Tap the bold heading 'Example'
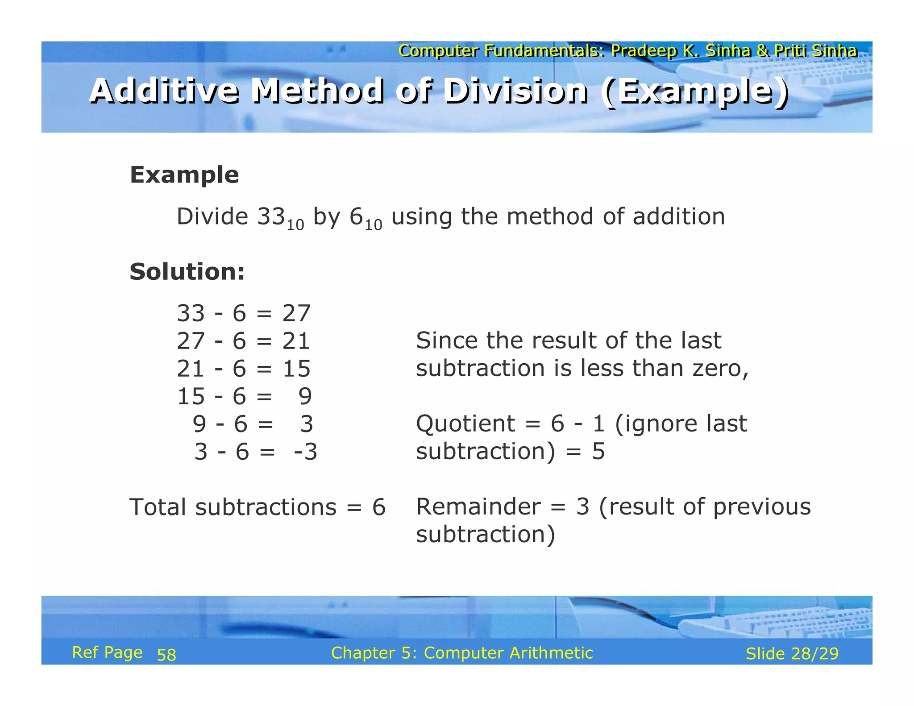click(x=184, y=174)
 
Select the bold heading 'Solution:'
click(x=187, y=271)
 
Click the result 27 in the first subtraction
click(x=296, y=313)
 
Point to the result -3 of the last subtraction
click(x=306, y=452)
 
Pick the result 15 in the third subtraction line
click(x=296, y=369)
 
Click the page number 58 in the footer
click(x=166, y=655)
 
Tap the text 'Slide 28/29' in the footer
click(x=792, y=654)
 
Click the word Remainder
click(x=478, y=507)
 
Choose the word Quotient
click(x=465, y=424)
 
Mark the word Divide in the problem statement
click(x=212, y=216)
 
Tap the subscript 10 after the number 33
click(x=295, y=225)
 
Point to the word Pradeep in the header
click(x=644, y=51)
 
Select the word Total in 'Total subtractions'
click(x=158, y=507)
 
